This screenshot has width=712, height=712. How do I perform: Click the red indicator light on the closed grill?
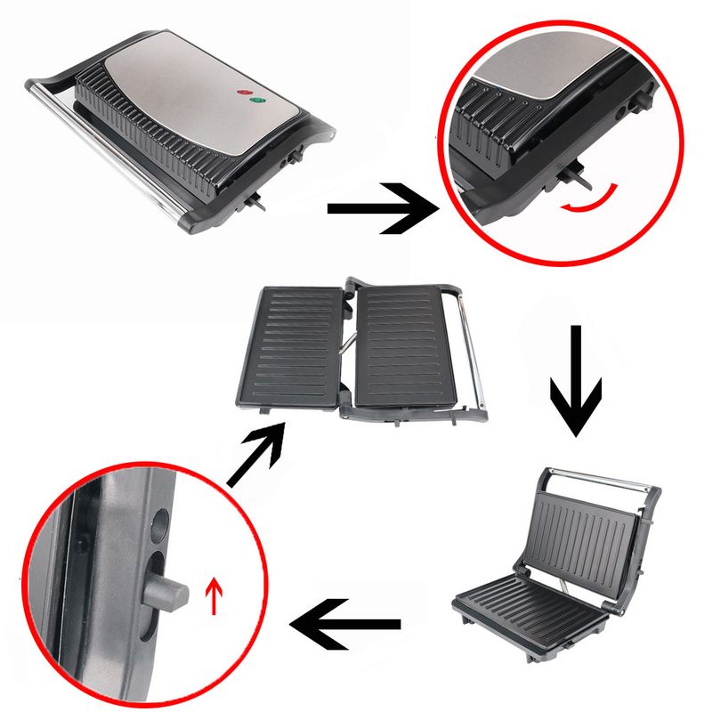242,93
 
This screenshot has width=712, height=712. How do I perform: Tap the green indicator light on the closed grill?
257,101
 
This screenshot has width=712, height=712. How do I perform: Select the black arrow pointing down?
574,377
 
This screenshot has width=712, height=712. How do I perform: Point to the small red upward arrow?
213,595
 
